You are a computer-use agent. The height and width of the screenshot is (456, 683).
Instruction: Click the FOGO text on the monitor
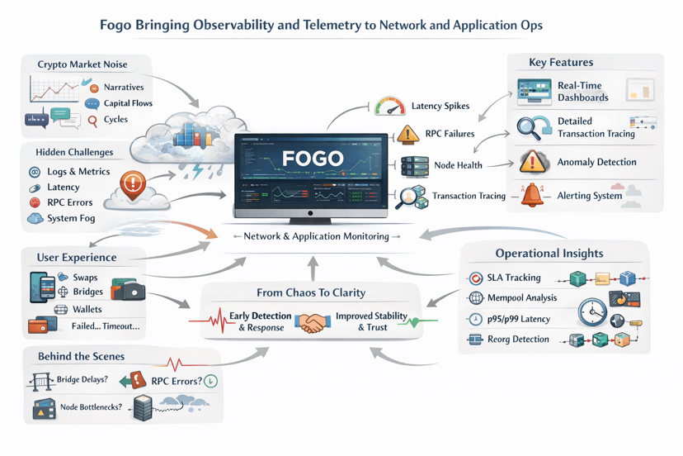click(x=312, y=158)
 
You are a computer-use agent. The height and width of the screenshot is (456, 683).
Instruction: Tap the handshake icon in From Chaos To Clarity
click(x=312, y=323)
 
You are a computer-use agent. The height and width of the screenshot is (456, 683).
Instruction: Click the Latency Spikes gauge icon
click(x=389, y=107)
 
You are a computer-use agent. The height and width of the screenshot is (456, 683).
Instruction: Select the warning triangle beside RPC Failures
click(x=407, y=134)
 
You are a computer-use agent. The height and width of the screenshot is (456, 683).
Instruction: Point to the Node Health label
click(x=458, y=165)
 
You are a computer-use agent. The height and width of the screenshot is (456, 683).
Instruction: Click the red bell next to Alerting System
click(x=532, y=195)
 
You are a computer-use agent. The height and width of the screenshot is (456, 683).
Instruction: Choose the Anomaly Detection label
click(x=596, y=163)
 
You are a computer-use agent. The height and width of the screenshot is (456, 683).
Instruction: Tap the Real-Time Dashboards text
click(x=582, y=91)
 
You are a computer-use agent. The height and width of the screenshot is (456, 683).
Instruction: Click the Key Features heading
click(x=561, y=63)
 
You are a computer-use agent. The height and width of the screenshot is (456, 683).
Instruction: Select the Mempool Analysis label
click(x=523, y=298)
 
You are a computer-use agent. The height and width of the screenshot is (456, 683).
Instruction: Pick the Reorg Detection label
click(x=519, y=340)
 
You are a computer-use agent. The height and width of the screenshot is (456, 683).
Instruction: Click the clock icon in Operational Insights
click(x=591, y=312)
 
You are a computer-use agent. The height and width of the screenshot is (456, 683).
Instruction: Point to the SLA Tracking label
click(x=513, y=278)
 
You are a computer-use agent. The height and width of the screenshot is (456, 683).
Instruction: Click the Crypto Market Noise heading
click(x=82, y=64)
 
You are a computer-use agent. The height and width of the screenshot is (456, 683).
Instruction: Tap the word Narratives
click(x=124, y=88)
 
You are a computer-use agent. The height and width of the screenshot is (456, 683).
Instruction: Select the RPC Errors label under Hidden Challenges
click(x=69, y=202)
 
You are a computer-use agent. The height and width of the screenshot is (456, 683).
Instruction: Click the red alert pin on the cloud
click(x=132, y=183)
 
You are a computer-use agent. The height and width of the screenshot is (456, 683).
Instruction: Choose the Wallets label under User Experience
click(x=87, y=309)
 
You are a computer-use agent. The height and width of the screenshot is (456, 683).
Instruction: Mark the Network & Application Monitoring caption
click(x=316, y=236)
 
